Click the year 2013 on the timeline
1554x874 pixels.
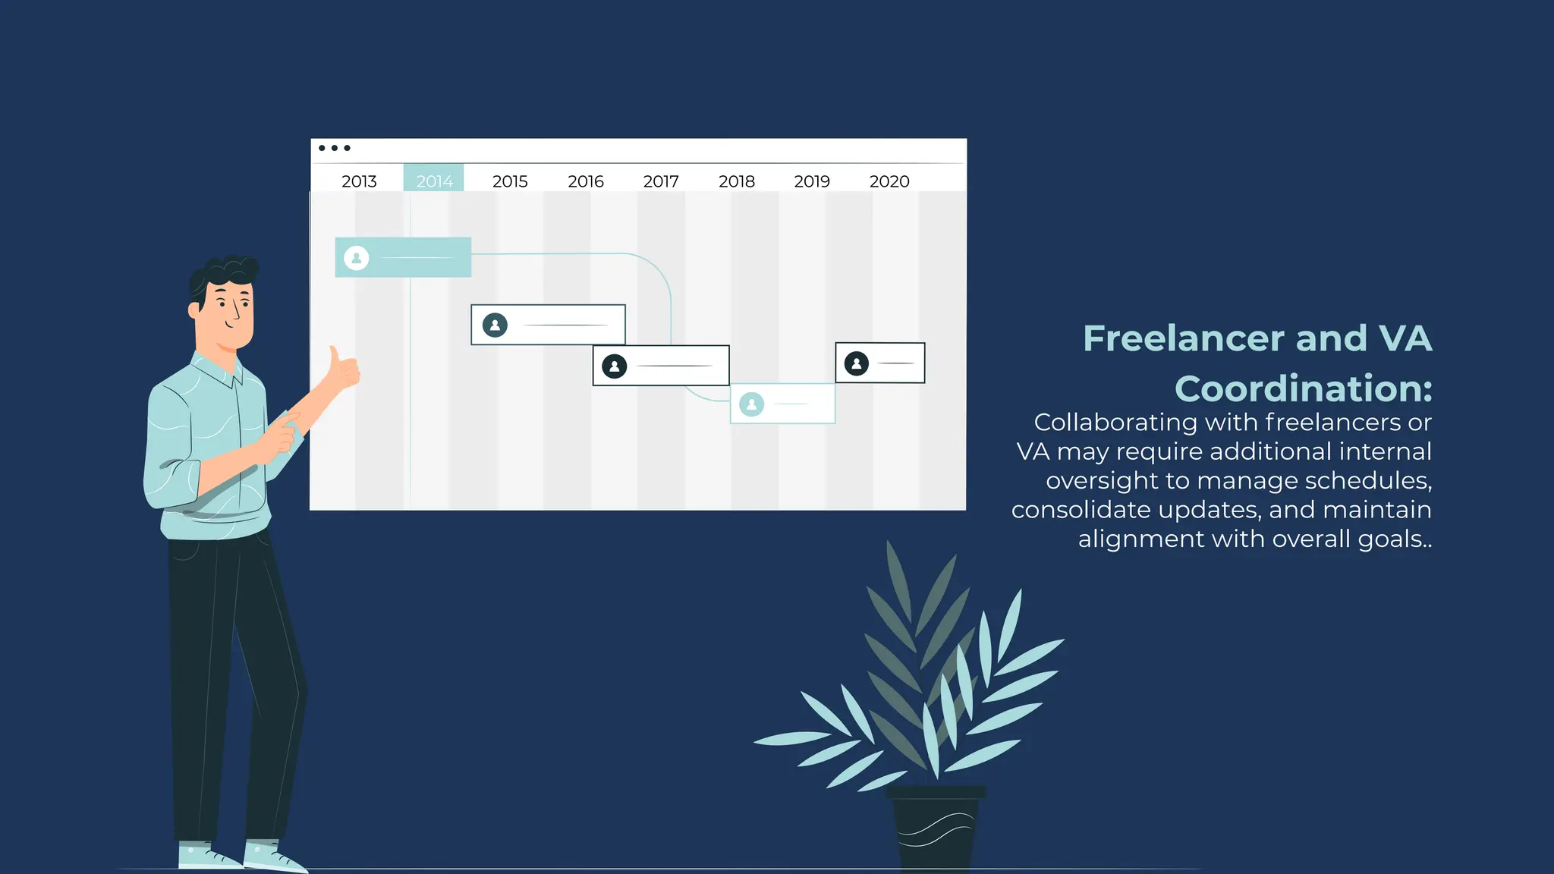tap(359, 181)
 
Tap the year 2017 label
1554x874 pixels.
tap(661, 181)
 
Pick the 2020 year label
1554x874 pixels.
tap(889, 181)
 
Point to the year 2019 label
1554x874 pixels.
tap(812, 181)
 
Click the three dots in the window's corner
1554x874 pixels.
tap(335, 148)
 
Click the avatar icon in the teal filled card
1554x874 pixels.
tap(357, 258)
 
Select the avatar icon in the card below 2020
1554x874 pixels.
tap(857, 363)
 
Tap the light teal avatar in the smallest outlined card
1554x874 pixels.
tap(752, 404)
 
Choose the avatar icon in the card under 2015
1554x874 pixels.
tap(495, 325)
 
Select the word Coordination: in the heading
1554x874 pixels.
tap(1304, 388)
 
